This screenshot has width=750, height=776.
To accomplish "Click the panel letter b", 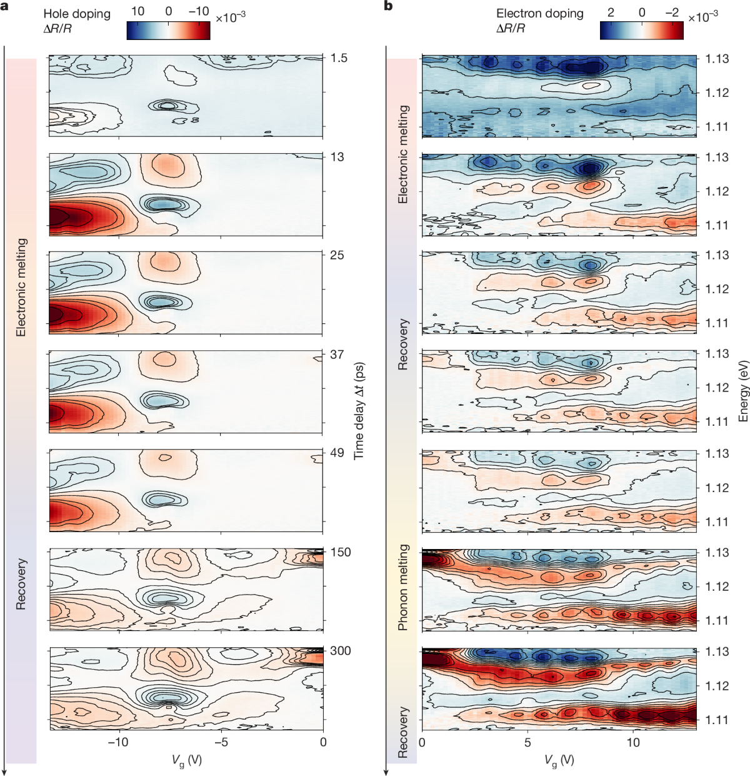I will [388, 6].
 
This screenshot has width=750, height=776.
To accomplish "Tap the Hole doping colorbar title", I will [77, 13].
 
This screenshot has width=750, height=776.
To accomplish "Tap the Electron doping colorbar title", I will [539, 13].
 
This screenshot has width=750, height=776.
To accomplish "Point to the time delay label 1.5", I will [339, 58].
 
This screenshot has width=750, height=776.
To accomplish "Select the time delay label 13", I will [337, 157].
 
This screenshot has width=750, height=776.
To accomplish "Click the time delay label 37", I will [337, 355].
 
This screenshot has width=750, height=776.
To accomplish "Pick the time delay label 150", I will [341, 552].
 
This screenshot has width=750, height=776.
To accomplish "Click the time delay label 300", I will [341, 651].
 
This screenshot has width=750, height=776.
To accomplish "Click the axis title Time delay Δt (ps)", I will [359, 411].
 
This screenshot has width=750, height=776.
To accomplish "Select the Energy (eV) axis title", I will [743, 391].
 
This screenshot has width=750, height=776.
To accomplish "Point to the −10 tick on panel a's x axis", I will [117, 742].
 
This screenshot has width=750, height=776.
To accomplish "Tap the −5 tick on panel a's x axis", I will [221, 742].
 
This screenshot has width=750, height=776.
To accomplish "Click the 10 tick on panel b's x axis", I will [633, 742].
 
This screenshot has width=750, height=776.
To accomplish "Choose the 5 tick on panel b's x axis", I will [527, 742].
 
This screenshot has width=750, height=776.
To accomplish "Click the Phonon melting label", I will [403, 587].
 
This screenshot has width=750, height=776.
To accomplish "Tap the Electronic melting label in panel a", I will [21, 287].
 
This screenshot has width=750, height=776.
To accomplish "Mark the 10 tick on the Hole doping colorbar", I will [137, 12].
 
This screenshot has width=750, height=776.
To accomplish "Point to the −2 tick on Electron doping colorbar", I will [672, 12].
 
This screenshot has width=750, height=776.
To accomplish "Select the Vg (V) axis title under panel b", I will [559, 760].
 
